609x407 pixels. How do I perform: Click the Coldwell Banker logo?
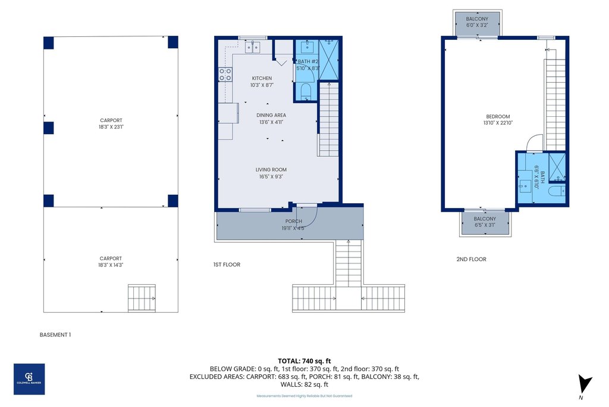pos(29,378)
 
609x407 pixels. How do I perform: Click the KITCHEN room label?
pos(262,79)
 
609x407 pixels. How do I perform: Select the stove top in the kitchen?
pos(225,74)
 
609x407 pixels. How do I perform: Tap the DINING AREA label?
pos(271,116)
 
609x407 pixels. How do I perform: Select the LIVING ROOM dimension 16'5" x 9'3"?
pos(271,177)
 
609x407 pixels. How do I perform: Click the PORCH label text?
pos(293,222)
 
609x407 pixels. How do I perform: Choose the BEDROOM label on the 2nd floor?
pos(498,117)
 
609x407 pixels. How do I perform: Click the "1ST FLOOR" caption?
pos(227,265)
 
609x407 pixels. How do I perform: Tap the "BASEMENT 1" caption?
pos(55,335)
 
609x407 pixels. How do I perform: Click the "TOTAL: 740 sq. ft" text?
pos(304,361)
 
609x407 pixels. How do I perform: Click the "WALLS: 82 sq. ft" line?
pos(304,384)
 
